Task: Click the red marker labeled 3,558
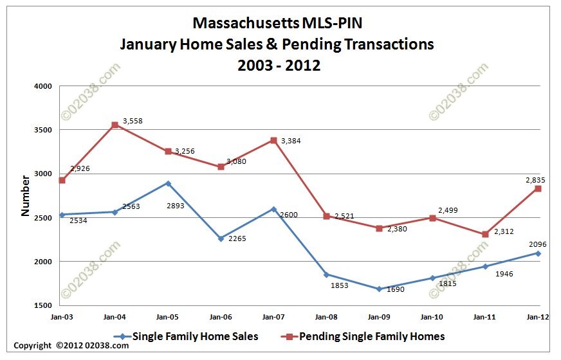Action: (x=115, y=125)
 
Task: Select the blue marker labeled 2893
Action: (x=168, y=183)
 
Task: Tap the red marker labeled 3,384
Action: (x=273, y=140)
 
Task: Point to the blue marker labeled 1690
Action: (x=379, y=289)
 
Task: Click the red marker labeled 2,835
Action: (x=537, y=188)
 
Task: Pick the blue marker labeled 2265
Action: (x=221, y=239)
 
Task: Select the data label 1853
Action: (x=338, y=285)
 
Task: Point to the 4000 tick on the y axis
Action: (x=42, y=86)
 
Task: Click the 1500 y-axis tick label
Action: (x=42, y=305)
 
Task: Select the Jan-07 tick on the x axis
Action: (x=273, y=316)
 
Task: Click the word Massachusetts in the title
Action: (x=245, y=24)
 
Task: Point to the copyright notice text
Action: (x=71, y=345)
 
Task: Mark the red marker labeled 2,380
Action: (x=379, y=228)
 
